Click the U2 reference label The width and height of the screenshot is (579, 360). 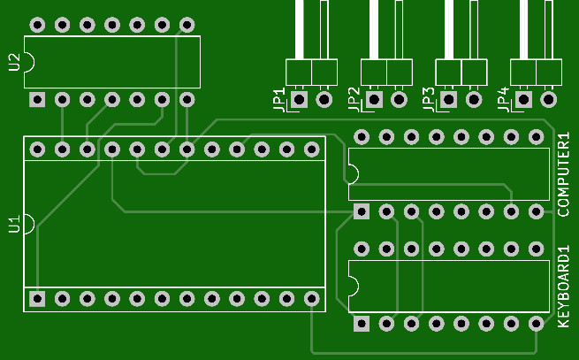[x=14, y=63]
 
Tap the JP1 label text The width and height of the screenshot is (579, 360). [x=279, y=101]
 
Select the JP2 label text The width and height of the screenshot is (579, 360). [x=354, y=101]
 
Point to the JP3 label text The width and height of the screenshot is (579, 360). [x=429, y=101]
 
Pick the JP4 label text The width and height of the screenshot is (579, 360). [x=503, y=101]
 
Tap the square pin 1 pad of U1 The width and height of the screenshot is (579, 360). [x=37, y=299]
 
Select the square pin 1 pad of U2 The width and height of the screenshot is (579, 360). [x=37, y=99]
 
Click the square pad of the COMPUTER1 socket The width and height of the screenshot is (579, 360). [x=361, y=211]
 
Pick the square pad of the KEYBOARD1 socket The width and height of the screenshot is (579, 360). [x=361, y=325]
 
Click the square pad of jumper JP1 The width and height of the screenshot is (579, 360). [x=299, y=99]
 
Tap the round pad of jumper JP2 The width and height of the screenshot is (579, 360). [x=399, y=99]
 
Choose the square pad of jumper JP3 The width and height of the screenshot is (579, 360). [x=448, y=99]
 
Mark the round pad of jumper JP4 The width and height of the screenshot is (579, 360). [x=548, y=99]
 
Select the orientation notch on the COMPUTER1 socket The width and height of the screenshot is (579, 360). [x=353, y=174]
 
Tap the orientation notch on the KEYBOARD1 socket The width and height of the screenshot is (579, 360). [x=353, y=287]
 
